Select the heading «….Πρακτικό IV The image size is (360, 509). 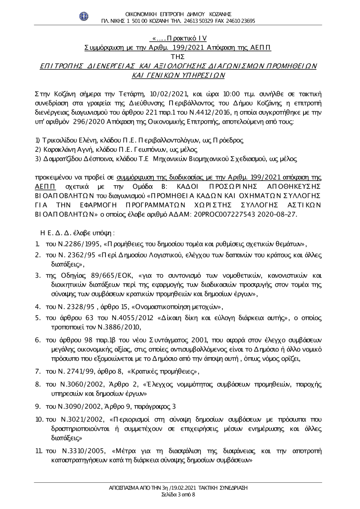coord(179,38)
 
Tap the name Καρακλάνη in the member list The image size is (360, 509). coord(59,149)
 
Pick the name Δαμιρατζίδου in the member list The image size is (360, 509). coord(63,158)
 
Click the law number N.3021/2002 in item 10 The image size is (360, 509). coord(81,420)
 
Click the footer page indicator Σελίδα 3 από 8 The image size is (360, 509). coord(179,495)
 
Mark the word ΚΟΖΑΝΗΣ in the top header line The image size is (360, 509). coord(218,14)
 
